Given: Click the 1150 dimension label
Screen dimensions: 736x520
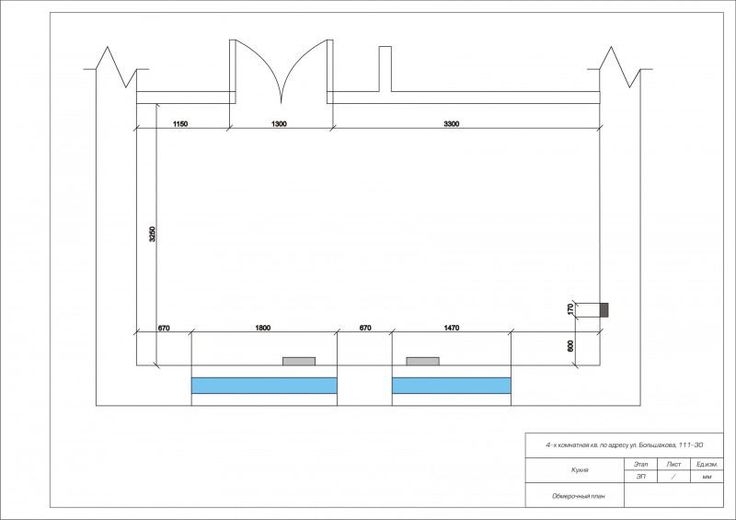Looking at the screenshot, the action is [180, 124].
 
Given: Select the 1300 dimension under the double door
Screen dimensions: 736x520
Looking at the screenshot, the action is [279, 124].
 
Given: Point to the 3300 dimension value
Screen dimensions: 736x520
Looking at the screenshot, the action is [452, 124].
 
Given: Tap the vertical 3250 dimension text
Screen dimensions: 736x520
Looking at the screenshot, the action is [152, 234].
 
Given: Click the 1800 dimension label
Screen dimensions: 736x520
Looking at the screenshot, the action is [263, 328].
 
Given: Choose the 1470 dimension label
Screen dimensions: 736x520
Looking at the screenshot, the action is [452, 328].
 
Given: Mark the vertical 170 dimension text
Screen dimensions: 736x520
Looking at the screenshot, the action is [570, 309].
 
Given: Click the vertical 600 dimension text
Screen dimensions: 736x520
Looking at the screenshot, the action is [570, 346].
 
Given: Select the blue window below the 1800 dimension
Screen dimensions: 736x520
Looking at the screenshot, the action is [264, 386].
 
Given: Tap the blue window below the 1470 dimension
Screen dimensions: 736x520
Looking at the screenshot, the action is [452, 386].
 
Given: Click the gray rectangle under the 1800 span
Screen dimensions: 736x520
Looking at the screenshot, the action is [299, 361].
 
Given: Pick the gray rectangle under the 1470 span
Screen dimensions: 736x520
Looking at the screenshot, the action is [423, 361].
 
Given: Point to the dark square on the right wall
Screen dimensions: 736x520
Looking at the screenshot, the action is [604, 309].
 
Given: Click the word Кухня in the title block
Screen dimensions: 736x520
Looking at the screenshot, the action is [580, 469].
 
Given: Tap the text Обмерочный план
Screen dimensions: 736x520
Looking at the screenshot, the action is [579, 496].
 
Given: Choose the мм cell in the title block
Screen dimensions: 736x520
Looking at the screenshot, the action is [707, 477].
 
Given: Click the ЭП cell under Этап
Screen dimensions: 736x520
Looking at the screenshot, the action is [640, 477].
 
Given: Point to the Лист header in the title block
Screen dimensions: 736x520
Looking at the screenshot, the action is [673, 464].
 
